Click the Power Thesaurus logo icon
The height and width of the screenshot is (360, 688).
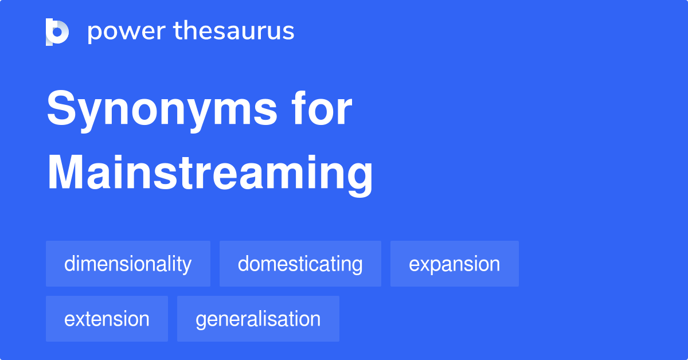[x=57, y=32]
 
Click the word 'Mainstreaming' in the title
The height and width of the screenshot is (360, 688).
[x=210, y=174]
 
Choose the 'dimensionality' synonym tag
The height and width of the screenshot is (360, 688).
[x=128, y=264]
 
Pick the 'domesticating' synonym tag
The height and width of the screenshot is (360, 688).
[x=300, y=264]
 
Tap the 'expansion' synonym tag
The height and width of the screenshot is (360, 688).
[x=454, y=264]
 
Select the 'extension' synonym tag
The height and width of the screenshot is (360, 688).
[x=107, y=319]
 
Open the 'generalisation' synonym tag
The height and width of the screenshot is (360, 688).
[x=258, y=319]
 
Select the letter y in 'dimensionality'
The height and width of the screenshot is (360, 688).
[x=186, y=266]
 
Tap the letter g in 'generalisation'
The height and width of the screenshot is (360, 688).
[x=201, y=321]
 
